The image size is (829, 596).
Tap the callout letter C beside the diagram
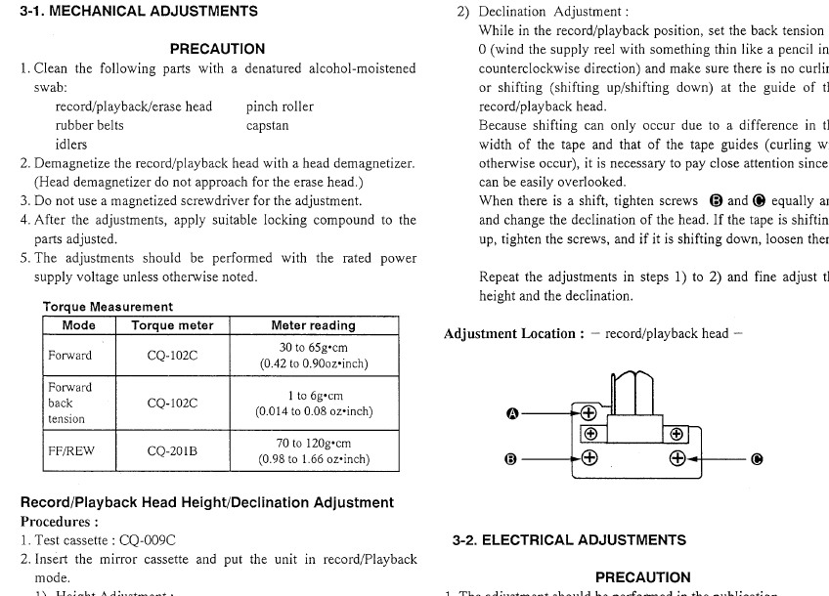756,458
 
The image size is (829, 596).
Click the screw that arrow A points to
589,412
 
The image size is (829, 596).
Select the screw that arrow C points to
676,457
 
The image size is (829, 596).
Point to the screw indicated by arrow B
589,457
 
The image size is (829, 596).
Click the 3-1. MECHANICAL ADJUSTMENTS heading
139,12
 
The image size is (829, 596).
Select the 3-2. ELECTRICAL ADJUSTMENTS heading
569,539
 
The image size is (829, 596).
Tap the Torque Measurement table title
108,307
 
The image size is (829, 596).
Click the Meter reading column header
313,325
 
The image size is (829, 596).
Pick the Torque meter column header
172,325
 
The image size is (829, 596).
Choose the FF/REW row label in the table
69,451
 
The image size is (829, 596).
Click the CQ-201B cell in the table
172,451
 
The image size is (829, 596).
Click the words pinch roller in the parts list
280,106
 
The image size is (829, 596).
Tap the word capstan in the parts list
267,125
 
